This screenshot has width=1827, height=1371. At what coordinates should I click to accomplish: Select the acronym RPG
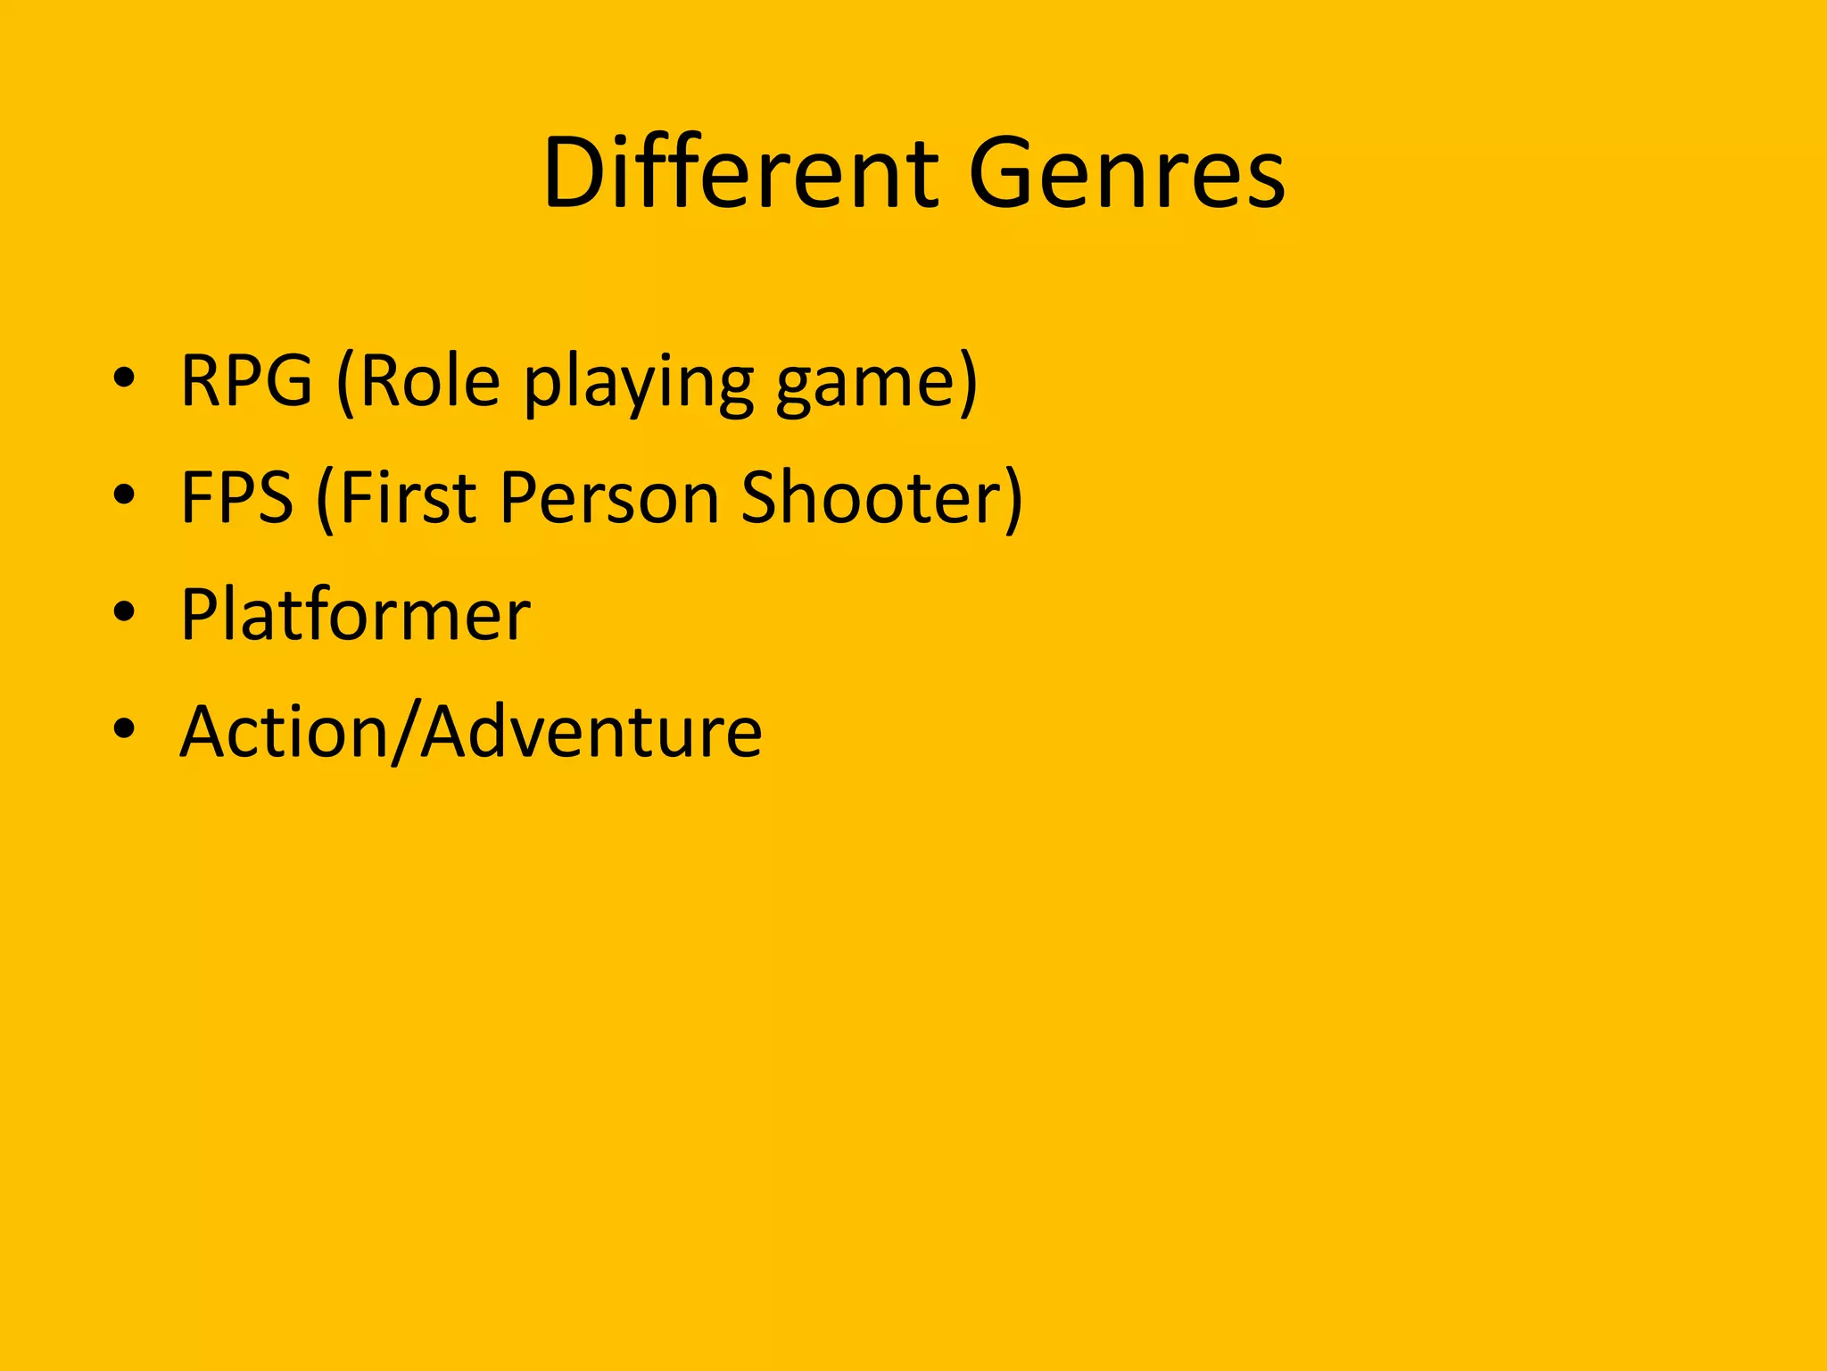pyautogui.click(x=247, y=381)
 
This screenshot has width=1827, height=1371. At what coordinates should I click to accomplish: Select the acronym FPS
pyautogui.click(x=236, y=497)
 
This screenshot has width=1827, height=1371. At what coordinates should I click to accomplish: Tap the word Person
pyautogui.click(x=609, y=497)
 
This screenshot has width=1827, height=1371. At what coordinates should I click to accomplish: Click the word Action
pyautogui.click(x=285, y=731)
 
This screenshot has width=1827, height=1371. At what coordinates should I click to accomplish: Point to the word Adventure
pyautogui.click(x=591, y=731)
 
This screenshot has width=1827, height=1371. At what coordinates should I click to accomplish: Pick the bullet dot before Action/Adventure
pyautogui.click(x=124, y=728)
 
